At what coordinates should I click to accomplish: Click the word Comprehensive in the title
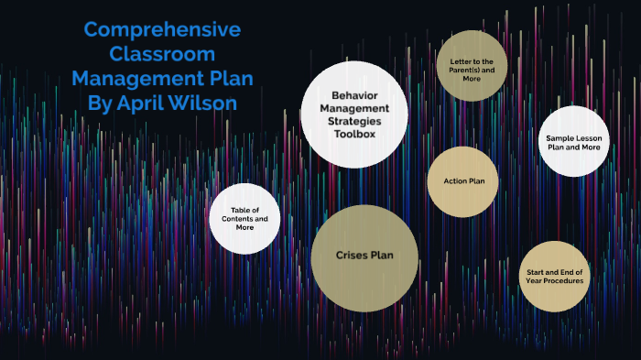point(163,29)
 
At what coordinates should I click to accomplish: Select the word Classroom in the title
point(163,53)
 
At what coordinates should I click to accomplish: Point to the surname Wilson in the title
point(208,102)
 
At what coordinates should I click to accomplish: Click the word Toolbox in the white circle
point(353,134)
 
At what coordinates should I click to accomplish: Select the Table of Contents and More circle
point(244,218)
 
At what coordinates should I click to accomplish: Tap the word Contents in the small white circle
point(244,218)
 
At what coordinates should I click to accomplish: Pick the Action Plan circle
point(462,181)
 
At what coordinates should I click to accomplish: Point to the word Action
point(455,181)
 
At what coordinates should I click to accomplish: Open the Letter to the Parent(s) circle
point(472,65)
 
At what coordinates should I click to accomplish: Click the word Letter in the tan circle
point(461,60)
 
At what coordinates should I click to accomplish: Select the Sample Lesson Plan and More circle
point(573,141)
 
